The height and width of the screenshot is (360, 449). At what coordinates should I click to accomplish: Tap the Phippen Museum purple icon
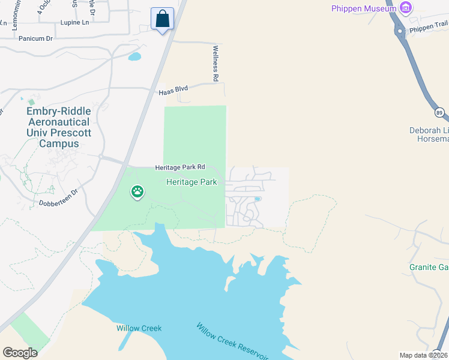[406, 8]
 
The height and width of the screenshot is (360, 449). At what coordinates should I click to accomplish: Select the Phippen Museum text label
[364, 8]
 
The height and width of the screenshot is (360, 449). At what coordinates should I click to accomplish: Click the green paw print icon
[138, 192]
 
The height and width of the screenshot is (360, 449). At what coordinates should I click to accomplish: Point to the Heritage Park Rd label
[180, 167]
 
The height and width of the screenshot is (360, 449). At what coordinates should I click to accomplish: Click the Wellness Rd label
[215, 63]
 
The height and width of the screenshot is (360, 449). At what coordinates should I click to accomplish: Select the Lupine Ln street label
[74, 23]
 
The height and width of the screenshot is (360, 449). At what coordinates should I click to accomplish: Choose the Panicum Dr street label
[36, 38]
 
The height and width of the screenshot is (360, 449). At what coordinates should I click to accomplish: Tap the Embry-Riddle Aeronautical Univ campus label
[59, 127]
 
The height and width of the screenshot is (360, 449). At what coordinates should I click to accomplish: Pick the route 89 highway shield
[438, 112]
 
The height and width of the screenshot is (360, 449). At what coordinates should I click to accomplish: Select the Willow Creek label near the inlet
[139, 328]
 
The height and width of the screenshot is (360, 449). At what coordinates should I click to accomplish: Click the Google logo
[20, 353]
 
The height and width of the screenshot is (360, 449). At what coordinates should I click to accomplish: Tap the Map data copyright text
[424, 355]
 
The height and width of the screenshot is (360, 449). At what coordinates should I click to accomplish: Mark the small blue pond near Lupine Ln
[134, 57]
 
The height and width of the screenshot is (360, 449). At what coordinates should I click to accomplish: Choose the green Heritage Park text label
[191, 181]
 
